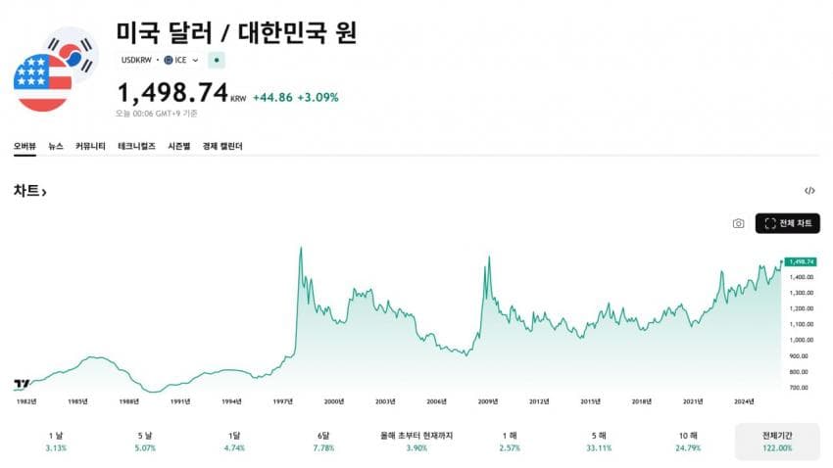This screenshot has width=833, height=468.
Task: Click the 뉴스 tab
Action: pyautogui.click(x=56, y=146)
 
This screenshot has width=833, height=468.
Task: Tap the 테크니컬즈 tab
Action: pyautogui.click(x=136, y=146)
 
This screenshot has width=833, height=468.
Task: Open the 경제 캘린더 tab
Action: pyautogui.click(x=222, y=146)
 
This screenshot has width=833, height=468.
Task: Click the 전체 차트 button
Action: pyautogui.click(x=787, y=223)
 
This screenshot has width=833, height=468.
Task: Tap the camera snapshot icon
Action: pyautogui.click(x=738, y=223)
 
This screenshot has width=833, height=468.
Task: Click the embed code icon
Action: pyautogui.click(x=809, y=191)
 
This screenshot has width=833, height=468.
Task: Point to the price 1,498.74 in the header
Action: pyautogui.click(x=172, y=93)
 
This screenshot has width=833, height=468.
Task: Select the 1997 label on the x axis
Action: pyautogui.click(x=284, y=401)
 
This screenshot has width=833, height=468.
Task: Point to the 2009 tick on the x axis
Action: pyautogui.click(x=488, y=401)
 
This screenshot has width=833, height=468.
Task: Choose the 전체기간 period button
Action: pyautogui.click(x=777, y=441)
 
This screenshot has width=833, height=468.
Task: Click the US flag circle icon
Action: pyautogui.click(x=42, y=82)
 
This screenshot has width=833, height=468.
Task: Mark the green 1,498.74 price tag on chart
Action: pyautogui.click(x=801, y=261)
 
